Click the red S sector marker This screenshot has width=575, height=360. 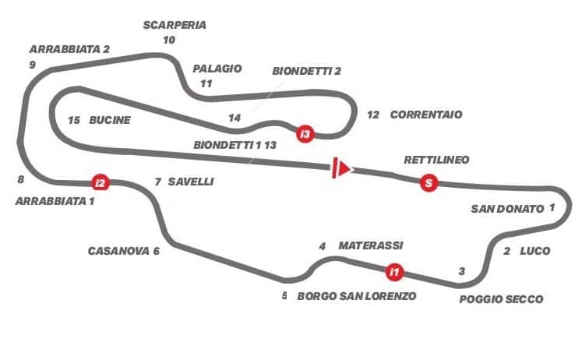coord(429,182)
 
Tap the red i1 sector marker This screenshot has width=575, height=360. coord(394,272)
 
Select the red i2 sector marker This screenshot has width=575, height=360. coord(101,182)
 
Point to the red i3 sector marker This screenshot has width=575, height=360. coord(305,134)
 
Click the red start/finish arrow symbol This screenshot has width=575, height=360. coord(342,168)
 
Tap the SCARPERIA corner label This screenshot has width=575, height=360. coord(175,25)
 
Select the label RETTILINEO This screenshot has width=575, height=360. coord(436,160)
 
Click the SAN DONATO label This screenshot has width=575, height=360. coord(507,209)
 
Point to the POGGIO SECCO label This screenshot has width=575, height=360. coord(501,299)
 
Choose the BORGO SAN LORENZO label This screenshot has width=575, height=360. coord(357,296)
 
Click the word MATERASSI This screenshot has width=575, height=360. coord(371,245)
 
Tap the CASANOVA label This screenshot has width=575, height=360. coord(118,251)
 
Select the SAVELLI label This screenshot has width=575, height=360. coord(191,182)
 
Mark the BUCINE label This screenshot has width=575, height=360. coord(110,120)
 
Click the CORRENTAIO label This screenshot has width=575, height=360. coord(426,115)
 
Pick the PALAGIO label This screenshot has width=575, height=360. coord(217,69)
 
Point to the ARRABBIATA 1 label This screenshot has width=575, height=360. coord(55,201)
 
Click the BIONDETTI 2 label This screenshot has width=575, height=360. coord(306,71)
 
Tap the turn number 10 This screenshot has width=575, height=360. coord(169,40)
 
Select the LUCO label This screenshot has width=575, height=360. coord(535,251)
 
